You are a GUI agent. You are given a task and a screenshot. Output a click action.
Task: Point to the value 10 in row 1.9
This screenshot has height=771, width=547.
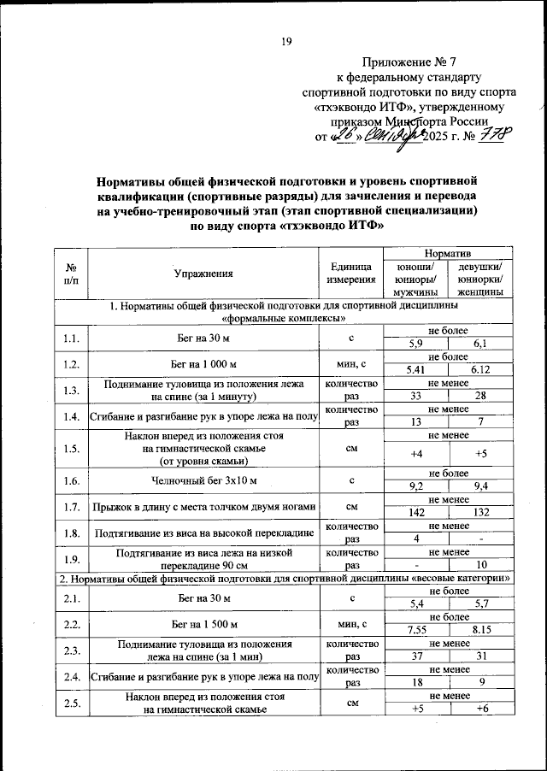tap(480, 565)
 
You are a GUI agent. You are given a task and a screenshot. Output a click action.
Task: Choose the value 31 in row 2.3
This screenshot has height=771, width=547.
tap(480, 656)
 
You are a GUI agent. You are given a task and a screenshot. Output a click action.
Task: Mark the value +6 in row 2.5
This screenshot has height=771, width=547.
tap(480, 709)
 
